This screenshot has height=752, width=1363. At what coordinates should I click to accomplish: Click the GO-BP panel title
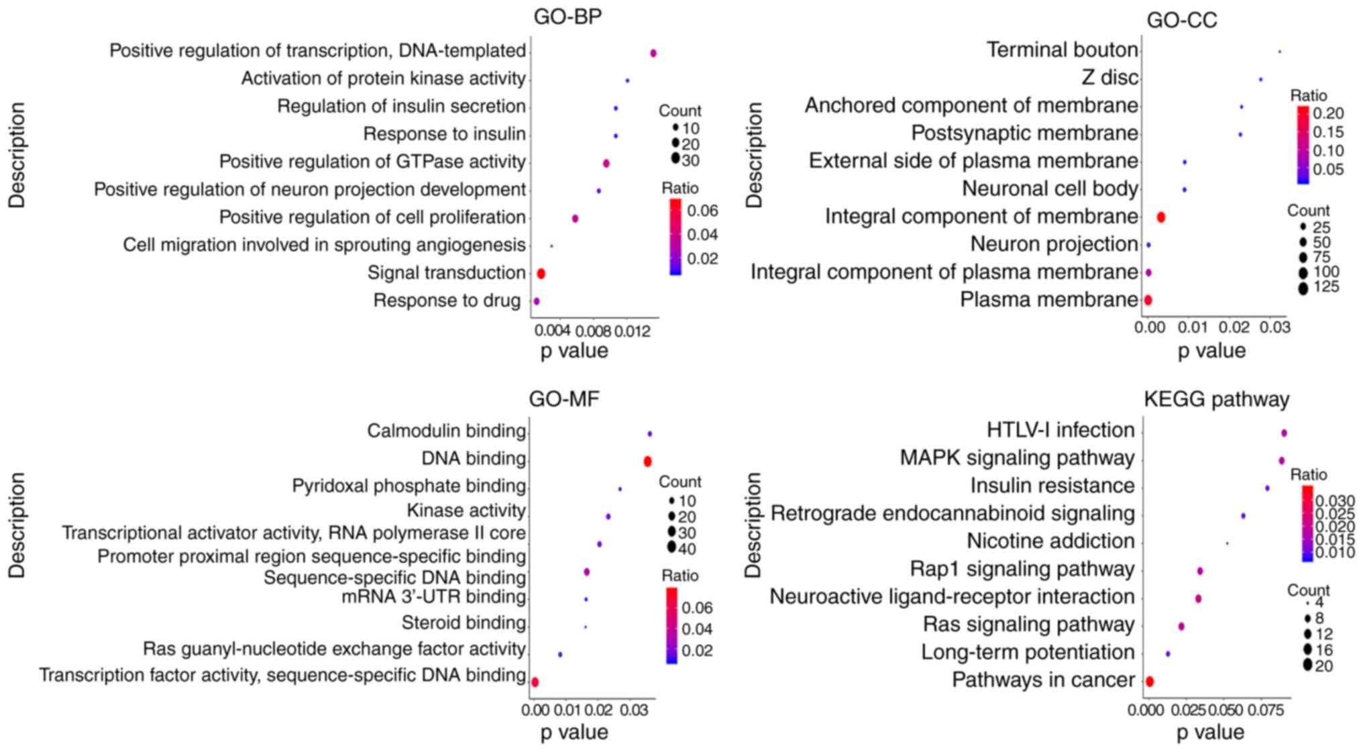[x=567, y=17]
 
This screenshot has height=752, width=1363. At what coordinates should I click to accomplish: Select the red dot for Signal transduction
[x=541, y=274]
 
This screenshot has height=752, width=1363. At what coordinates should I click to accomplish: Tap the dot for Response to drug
[x=536, y=301]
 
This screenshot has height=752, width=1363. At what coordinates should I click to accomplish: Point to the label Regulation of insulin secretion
[x=401, y=107]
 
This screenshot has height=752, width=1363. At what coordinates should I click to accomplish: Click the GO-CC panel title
[x=1181, y=21]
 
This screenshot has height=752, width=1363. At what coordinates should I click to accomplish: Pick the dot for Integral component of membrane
[x=1161, y=217]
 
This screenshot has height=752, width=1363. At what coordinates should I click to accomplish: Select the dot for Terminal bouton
[x=1279, y=52]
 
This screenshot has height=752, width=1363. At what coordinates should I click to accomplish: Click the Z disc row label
[x=1109, y=78]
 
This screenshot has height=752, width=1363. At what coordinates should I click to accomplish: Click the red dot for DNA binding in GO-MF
[x=647, y=462]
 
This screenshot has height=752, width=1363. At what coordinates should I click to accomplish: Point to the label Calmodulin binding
[x=446, y=431]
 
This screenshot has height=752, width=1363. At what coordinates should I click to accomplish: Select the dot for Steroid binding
[x=586, y=627]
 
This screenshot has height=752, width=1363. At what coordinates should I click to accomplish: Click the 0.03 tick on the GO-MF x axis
[x=633, y=710]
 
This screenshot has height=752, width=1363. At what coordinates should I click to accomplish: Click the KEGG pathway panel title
[x=1216, y=400]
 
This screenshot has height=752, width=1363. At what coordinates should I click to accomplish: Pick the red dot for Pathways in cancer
[x=1149, y=682]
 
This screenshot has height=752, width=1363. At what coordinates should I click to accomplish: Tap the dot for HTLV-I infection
[x=1284, y=433]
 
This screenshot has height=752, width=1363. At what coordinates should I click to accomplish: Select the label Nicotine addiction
[x=1050, y=541]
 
